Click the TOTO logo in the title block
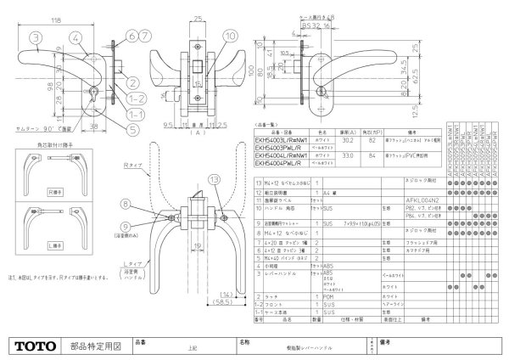coord(34,346)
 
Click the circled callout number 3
coord(33,38)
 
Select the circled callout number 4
coord(76,37)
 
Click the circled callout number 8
coord(125,180)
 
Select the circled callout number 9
coord(125,201)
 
